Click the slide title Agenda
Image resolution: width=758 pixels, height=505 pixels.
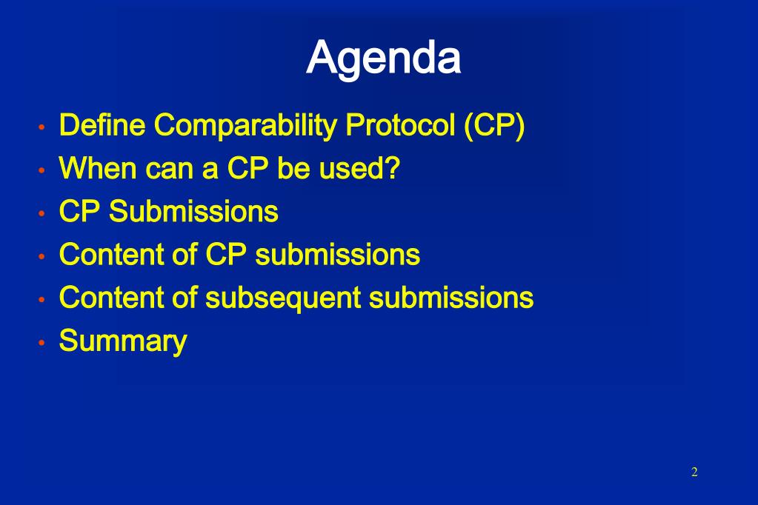point(383,59)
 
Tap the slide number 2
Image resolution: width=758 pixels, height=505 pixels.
point(694,472)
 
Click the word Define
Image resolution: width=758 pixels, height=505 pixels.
point(102,124)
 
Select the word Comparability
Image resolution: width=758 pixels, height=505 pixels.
point(245,126)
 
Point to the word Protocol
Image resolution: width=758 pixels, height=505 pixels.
point(400,124)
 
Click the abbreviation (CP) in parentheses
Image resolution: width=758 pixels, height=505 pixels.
point(494,126)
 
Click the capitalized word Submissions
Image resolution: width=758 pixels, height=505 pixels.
point(193,211)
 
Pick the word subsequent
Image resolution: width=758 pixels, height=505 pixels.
point(283,298)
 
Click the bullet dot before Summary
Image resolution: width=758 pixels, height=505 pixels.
point(41,343)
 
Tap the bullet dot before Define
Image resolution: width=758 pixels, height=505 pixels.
point(41,127)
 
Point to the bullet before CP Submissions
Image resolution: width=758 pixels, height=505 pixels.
point(41,213)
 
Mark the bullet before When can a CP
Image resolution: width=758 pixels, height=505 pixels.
point(41,170)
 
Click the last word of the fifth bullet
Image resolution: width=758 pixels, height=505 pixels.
point(451,297)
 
